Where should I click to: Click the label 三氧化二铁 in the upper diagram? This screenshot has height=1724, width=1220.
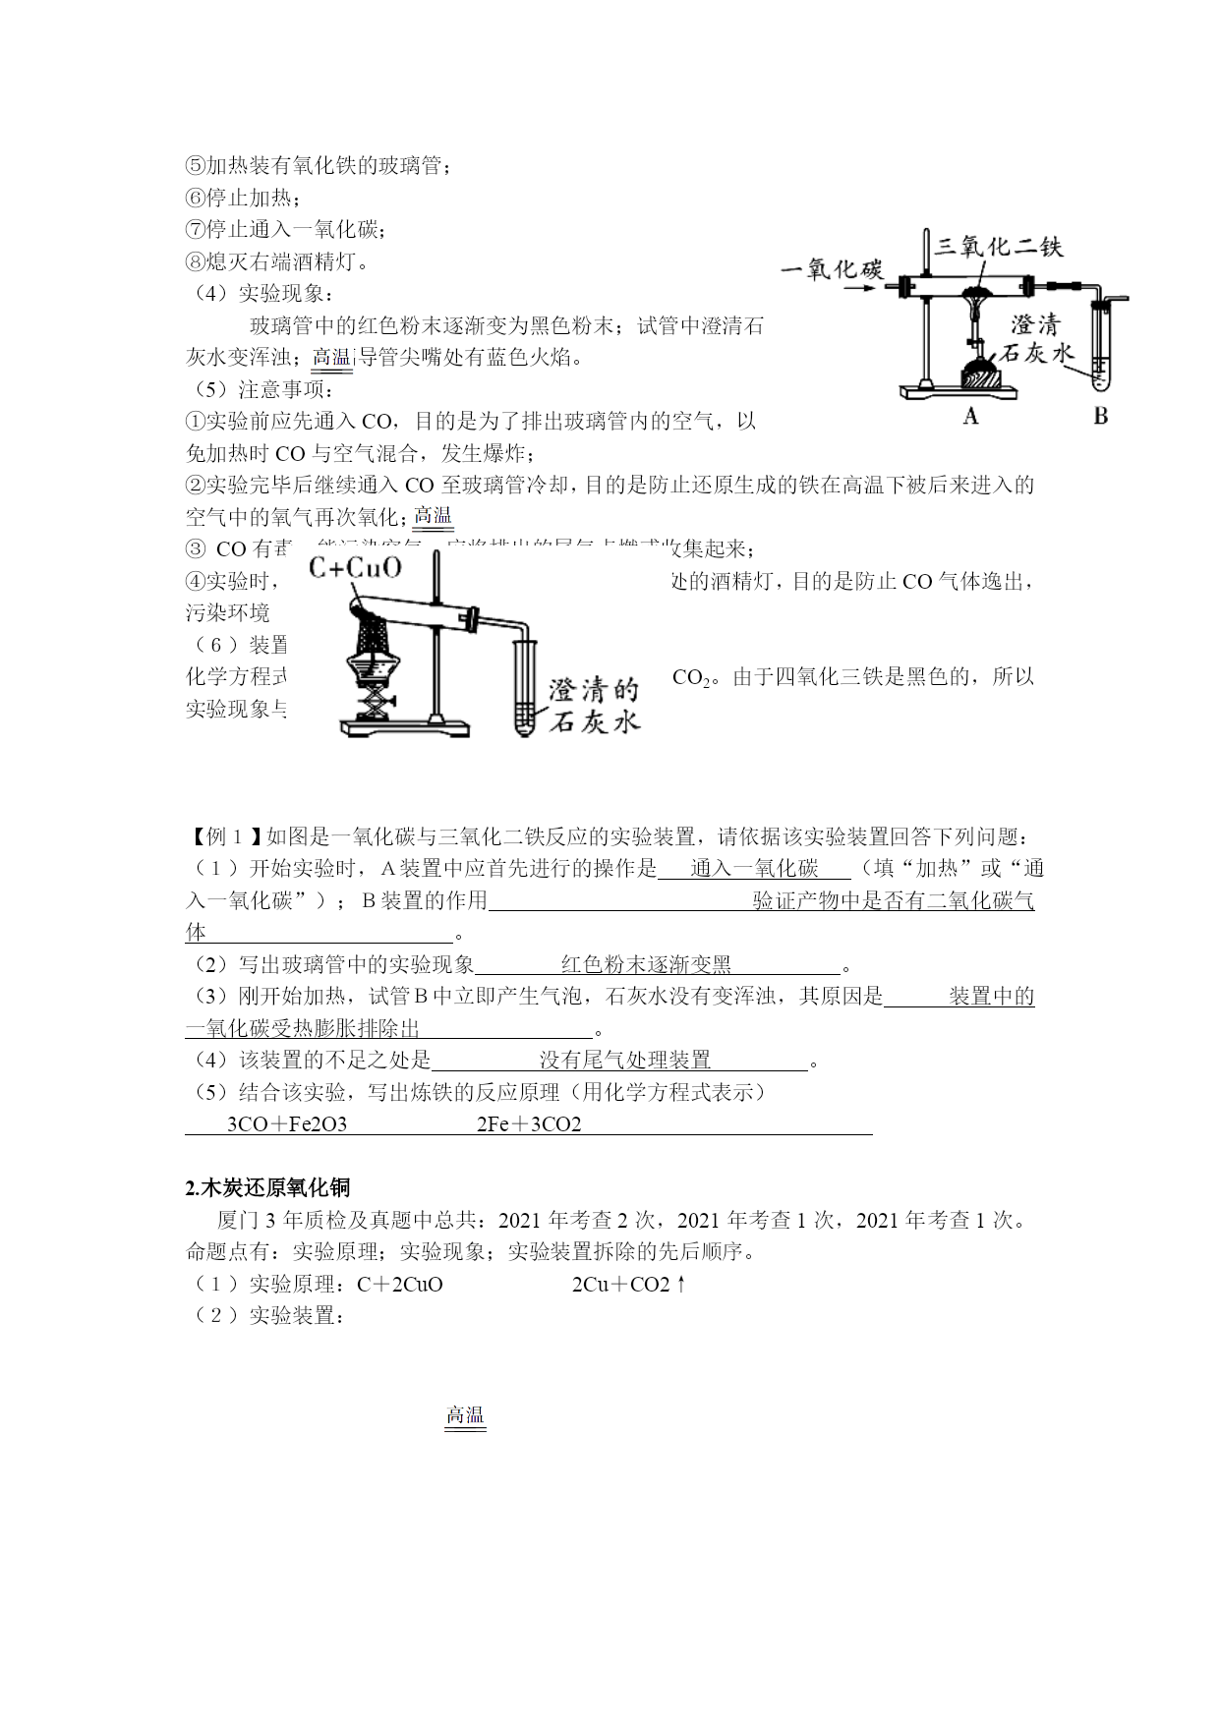tap(999, 246)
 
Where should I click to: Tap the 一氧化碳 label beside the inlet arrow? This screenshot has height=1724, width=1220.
tap(832, 268)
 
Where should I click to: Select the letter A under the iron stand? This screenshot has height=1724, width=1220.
tap(970, 417)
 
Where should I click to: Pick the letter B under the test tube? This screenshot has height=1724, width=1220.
tap(1100, 417)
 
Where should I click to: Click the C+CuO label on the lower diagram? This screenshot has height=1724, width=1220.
tap(355, 567)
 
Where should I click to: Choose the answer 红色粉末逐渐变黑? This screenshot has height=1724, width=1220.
tap(646, 965)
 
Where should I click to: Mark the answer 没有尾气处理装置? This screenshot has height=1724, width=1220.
tap(624, 1060)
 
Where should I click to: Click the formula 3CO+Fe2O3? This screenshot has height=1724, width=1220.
tap(286, 1124)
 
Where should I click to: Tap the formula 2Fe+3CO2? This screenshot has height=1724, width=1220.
tap(529, 1124)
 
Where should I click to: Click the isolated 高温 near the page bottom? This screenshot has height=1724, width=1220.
tap(465, 1415)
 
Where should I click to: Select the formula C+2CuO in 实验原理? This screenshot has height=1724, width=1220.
tap(400, 1284)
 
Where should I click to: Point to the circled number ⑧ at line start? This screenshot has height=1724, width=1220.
tap(195, 261)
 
